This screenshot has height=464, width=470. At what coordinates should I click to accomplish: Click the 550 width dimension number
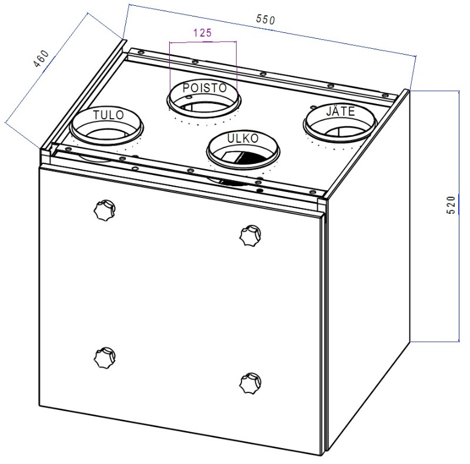click(266, 19)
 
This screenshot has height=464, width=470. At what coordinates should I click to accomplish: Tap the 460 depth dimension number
click(41, 59)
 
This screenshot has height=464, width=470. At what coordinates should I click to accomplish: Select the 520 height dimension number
click(451, 205)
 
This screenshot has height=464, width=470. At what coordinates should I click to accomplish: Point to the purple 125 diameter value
click(203, 33)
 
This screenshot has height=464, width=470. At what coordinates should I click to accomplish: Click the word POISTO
click(204, 88)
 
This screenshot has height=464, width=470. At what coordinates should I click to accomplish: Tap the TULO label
click(109, 115)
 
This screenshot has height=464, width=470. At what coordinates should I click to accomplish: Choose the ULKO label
click(243, 138)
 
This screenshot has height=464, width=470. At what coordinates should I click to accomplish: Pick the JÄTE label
click(340, 111)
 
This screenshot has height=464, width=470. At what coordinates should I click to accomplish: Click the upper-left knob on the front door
click(105, 211)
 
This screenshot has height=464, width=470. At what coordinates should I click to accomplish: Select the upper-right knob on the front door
click(250, 236)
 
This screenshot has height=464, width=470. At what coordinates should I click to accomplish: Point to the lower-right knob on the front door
click(251, 383)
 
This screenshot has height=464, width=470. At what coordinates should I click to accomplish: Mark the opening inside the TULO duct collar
click(106, 134)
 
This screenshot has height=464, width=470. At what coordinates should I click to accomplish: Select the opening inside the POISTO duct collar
click(204, 105)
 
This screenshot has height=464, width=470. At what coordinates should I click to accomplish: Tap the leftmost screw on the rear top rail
click(140, 52)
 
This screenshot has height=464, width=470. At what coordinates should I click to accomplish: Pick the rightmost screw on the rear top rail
click(385, 96)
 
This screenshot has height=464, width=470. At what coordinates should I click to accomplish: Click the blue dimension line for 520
click(459, 216)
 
